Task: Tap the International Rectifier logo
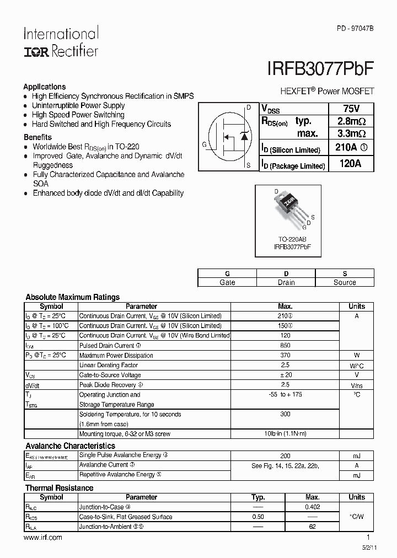(x=61, y=42)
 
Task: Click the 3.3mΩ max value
(x=351, y=133)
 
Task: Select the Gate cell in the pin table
(x=227, y=282)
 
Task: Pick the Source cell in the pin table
(x=345, y=282)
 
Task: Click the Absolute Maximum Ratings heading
(x=72, y=297)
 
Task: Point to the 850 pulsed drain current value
(x=285, y=346)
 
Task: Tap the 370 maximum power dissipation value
(x=285, y=356)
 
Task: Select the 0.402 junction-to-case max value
(x=312, y=507)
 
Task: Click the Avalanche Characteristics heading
(x=70, y=446)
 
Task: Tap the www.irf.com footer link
(x=44, y=537)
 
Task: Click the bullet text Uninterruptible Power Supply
(x=78, y=105)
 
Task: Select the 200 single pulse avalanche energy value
(x=285, y=456)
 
